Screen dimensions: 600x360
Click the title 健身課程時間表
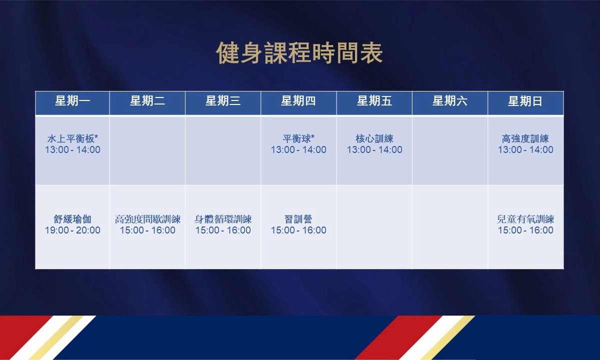pos(299,53)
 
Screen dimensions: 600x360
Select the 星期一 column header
pos(72,101)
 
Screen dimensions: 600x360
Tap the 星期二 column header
pos(147,101)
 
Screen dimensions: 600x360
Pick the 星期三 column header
pos(223,101)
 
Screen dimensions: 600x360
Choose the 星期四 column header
pos(298,101)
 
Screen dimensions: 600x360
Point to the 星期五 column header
pos(374,101)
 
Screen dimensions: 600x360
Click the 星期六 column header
pos(449,101)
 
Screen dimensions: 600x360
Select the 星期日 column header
pos(525,101)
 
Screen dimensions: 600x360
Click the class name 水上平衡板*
pos(72,139)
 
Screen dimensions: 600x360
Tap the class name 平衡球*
pos(298,139)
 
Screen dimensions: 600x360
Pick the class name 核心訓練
pos(374,139)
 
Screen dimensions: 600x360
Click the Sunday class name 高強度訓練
pos(525,139)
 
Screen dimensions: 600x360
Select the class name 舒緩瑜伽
pos(72,219)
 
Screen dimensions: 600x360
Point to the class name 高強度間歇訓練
pos(147,219)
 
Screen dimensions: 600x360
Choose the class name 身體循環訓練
pos(223,219)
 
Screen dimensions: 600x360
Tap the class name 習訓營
pos(298,219)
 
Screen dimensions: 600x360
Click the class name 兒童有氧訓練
pos(525,219)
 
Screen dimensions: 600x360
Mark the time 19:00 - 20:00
pos(72,230)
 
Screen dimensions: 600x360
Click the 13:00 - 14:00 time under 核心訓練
pos(374,149)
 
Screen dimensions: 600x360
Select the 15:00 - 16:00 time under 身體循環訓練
pos(223,230)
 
